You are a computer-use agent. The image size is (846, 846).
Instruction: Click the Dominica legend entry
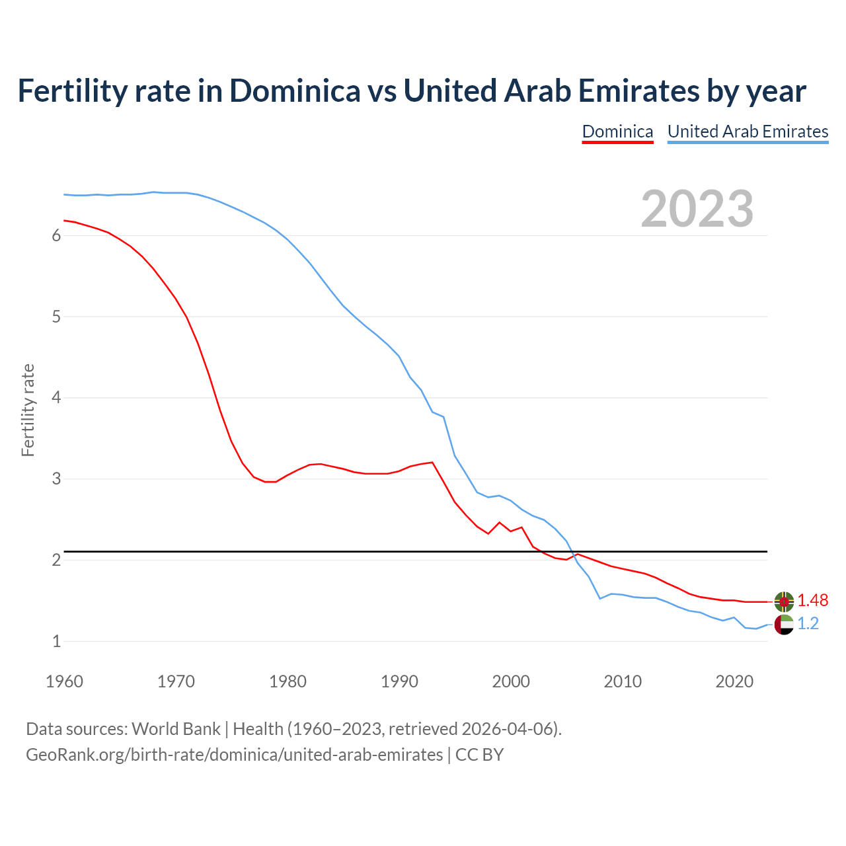(617, 132)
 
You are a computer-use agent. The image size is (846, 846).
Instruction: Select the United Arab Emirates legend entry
(748, 132)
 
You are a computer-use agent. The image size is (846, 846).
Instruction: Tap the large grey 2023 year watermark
(697, 209)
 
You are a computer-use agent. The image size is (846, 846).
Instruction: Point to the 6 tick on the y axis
(56, 236)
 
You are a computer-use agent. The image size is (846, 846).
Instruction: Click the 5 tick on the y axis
(56, 317)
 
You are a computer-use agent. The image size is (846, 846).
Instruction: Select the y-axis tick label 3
(56, 479)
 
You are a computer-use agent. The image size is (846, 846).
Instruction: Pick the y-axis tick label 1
(56, 641)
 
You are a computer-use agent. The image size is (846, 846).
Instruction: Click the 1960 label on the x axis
(64, 681)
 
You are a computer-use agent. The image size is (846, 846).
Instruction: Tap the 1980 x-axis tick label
(288, 681)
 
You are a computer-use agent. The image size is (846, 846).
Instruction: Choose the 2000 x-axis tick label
(511, 681)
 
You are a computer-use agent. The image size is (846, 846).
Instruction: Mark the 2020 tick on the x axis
(734, 681)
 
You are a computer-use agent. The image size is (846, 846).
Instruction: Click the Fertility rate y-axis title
(28, 410)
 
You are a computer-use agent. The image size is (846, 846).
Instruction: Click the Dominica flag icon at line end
(784, 601)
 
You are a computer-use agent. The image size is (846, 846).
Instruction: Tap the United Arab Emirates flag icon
(784, 624)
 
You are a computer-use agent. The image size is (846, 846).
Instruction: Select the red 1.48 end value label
(812, 601)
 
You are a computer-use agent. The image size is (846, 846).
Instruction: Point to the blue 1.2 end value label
(808, 624)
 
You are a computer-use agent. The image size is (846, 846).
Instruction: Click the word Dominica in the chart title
(295, 91)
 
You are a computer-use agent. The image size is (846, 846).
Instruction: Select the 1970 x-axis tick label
(176, 681)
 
